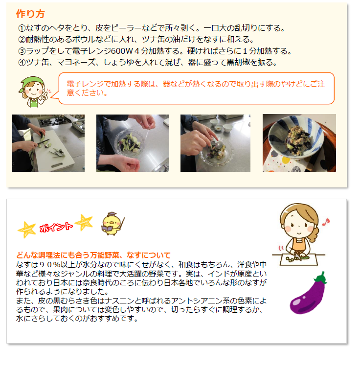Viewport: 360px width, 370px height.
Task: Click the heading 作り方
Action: point(30,14)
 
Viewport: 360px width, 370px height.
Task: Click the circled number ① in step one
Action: point(22,28)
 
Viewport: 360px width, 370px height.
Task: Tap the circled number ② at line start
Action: point(22,40)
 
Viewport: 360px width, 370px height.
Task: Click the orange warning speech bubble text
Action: point(196,88)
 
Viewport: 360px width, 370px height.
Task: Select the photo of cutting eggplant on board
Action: point(48,143)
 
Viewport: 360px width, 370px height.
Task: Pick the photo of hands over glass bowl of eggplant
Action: point(132,143)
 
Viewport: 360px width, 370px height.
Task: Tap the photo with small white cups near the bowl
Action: point(215,143)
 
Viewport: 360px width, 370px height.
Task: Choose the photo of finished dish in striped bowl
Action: point(299,143)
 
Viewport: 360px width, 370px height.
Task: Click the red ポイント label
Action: point(56,226)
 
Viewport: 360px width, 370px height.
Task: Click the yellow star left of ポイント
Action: point(26,228)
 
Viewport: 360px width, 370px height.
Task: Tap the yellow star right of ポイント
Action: point(84,222)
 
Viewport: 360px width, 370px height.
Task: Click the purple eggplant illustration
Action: point(309,293)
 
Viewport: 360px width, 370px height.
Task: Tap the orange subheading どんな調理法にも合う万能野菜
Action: point(93,255)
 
